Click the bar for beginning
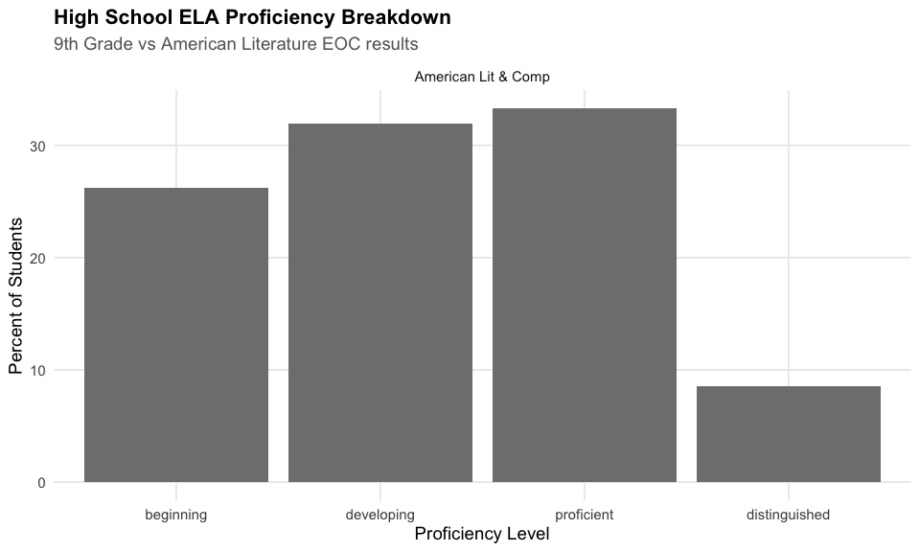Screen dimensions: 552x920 pos(176,335)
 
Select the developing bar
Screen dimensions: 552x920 pos(380,303)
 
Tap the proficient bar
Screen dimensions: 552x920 pos(585,295)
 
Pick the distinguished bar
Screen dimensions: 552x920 pos(788,434)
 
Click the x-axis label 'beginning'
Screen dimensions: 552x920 pos(176,515)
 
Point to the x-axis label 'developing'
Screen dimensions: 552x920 pos(380,515)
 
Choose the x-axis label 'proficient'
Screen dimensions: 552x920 pos(585,515)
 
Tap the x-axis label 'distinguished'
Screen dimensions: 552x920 pos(788,515)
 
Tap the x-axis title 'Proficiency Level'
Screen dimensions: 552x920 pos(482,535)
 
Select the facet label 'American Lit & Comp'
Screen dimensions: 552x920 pos(482,77)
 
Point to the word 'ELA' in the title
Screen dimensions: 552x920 pos(198,18)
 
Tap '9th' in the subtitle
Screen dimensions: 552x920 pos(70,44)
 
